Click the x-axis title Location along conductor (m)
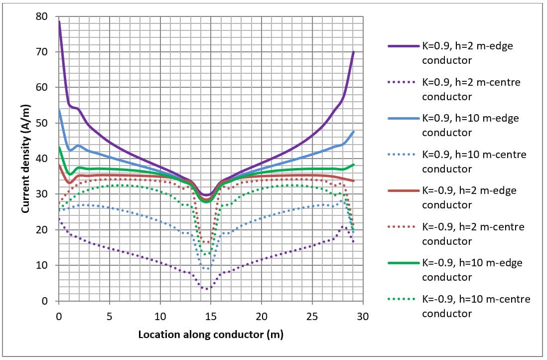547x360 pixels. coord(211,334)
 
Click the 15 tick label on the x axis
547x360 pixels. coord(211,316)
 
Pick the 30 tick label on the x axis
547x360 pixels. coord(363,316)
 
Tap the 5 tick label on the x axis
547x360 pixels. coord(110,316)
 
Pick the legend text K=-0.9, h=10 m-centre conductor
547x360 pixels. coord(476,306)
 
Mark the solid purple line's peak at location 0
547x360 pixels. coord(59,22)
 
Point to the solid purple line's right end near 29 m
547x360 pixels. coord(353,52)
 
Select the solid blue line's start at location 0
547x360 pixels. coord(59,111)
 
